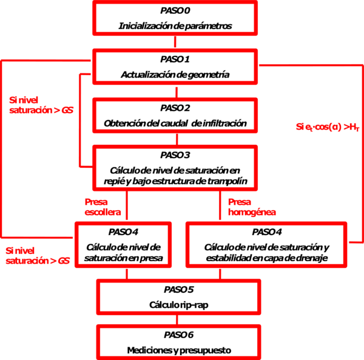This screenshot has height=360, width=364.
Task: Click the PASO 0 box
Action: point(175,18)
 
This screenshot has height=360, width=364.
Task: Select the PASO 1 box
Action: point(175,66)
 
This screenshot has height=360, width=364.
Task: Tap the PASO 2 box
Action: point(175,115)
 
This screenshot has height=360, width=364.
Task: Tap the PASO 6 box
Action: point(175,342)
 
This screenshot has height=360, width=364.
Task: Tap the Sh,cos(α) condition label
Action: point(327,127)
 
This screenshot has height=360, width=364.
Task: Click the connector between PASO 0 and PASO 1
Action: point(175,42)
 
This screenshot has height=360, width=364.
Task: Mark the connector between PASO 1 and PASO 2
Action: point(175,90)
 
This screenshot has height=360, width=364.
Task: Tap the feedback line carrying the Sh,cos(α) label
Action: point(359,182)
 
